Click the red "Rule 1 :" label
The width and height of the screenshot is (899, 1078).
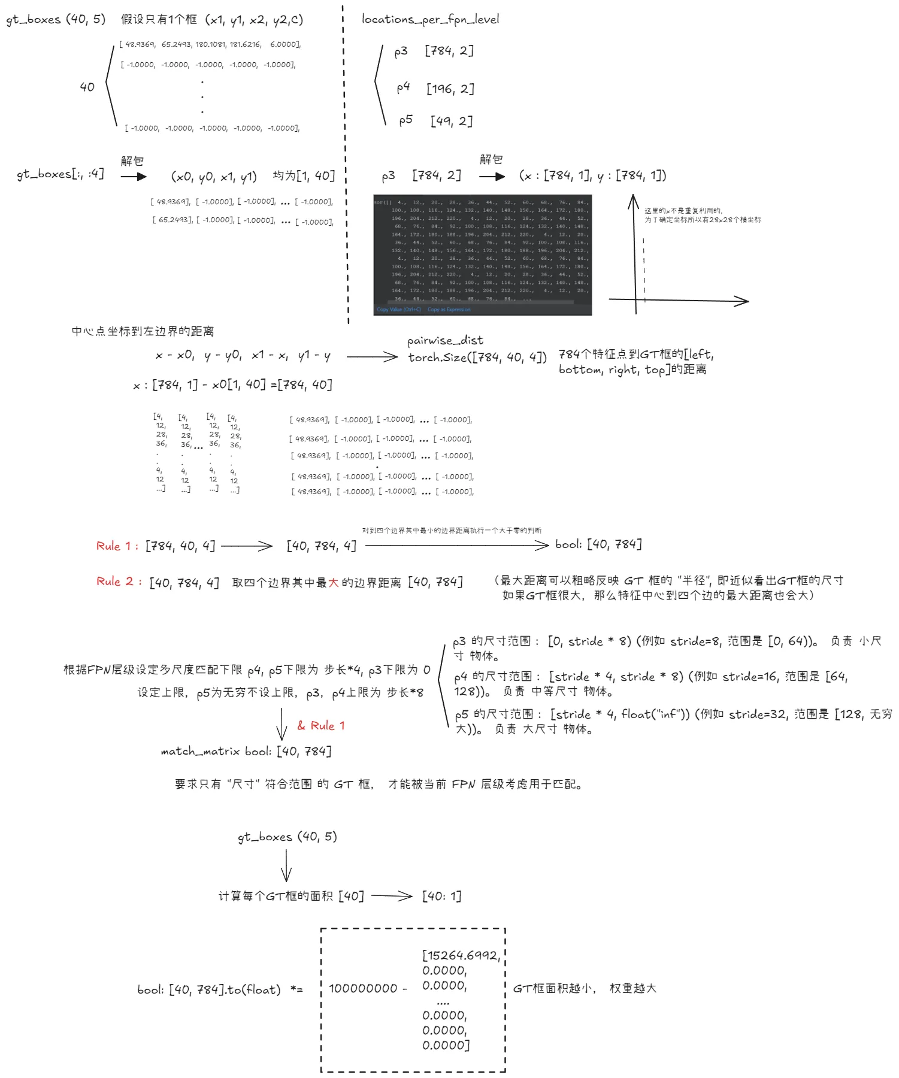coord(117,546)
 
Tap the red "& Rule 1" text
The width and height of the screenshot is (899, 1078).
coord(321,725)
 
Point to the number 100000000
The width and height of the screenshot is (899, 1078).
coord(363,988)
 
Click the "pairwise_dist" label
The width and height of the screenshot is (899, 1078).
coord(445,340)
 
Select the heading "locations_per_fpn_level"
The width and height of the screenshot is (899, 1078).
coord(430,19)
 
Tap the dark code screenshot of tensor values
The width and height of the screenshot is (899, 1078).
coord(482,255)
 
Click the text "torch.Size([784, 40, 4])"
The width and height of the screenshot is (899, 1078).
coord(477,358)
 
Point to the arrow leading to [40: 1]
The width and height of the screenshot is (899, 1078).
coord(392,896)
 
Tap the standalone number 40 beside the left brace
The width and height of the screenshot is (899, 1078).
coord(87,87)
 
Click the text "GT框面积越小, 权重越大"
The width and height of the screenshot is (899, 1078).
coord(585,988)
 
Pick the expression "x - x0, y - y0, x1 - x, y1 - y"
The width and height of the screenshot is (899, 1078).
coord(243,356)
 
